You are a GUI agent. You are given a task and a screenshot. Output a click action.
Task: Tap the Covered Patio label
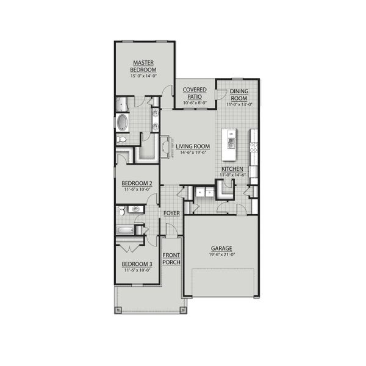pos(195,93)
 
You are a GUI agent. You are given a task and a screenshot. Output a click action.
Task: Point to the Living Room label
pos(193,146)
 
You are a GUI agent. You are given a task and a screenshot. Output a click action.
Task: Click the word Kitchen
pos(232,168)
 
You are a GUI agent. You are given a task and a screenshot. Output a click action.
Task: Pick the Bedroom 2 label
pos(137,184)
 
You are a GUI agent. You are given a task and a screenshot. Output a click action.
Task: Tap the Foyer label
pos(171,212)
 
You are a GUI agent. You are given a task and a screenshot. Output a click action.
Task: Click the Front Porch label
pos(171,258)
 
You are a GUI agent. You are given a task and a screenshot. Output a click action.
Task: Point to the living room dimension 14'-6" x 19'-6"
pos(193,152)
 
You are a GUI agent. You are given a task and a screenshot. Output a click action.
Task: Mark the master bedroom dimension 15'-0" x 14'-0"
pos(143,76)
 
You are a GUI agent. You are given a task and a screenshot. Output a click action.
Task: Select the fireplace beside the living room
pos(165,146)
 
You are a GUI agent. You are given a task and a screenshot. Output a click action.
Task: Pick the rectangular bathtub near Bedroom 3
pos(127,231)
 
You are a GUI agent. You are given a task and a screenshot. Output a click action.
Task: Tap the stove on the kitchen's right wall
pos(254,147)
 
